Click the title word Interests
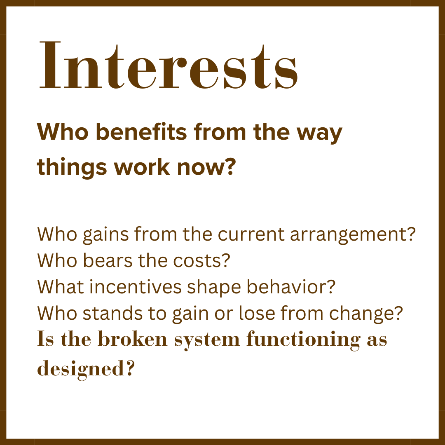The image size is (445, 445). point(169,65)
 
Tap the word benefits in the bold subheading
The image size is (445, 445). point(141,132)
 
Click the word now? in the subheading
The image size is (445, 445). point(206,167)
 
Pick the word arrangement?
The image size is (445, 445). point(353,235)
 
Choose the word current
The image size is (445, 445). point(251,234)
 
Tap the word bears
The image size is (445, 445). point(108,260)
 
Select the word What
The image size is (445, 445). point(61,287)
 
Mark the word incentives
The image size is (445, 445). point(136,287)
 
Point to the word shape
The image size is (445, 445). point(214,288)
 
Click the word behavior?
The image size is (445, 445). point(291,287)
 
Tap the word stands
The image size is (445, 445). point(112,313)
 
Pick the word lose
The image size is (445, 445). point(257,313)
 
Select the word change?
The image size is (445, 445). point(366,314)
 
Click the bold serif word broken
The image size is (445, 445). point(133,339)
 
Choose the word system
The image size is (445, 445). point(207,340)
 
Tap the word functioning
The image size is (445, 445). point(304,340)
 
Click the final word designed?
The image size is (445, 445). point(85,369)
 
